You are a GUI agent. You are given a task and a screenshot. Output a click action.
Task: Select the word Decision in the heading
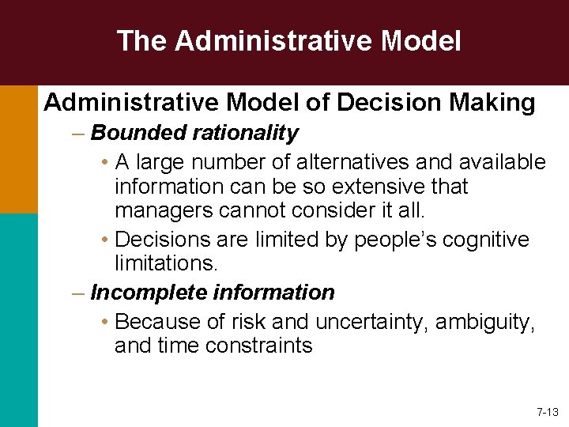[371, 102]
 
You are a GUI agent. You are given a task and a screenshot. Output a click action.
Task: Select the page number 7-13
[547, 412]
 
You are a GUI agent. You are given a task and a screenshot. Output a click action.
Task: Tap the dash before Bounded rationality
[77, 133]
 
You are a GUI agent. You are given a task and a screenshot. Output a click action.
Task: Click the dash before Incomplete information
[77, 293]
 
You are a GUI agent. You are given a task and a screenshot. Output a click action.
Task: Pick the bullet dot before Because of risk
[105, 322]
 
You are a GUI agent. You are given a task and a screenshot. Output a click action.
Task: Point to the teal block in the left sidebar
[18, 319]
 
